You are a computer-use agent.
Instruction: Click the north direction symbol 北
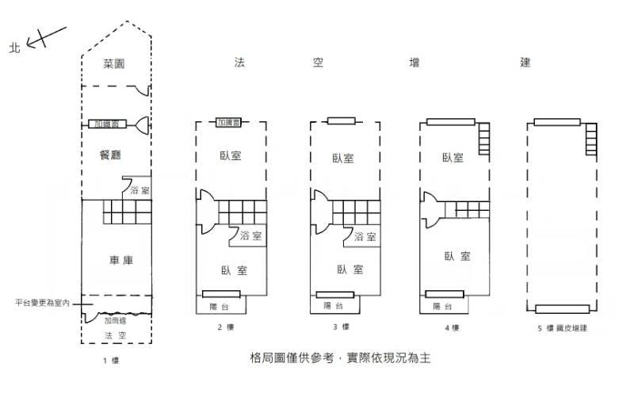(13, 48)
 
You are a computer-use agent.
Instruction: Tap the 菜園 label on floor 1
(115, 64)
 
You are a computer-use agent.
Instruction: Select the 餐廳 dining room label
(110, 155)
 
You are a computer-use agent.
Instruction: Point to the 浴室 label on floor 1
(139, 191)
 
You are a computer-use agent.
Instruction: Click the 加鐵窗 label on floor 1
(108, 124)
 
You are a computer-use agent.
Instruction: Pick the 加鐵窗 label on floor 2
(229, 123)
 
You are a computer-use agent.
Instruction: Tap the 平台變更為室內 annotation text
(43, 303)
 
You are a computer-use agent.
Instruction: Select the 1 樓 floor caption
(110, 361)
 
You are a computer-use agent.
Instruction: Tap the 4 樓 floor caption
(452, 327)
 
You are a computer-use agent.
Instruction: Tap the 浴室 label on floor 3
(365, 237)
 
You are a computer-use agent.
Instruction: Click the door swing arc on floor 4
(427, 208)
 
